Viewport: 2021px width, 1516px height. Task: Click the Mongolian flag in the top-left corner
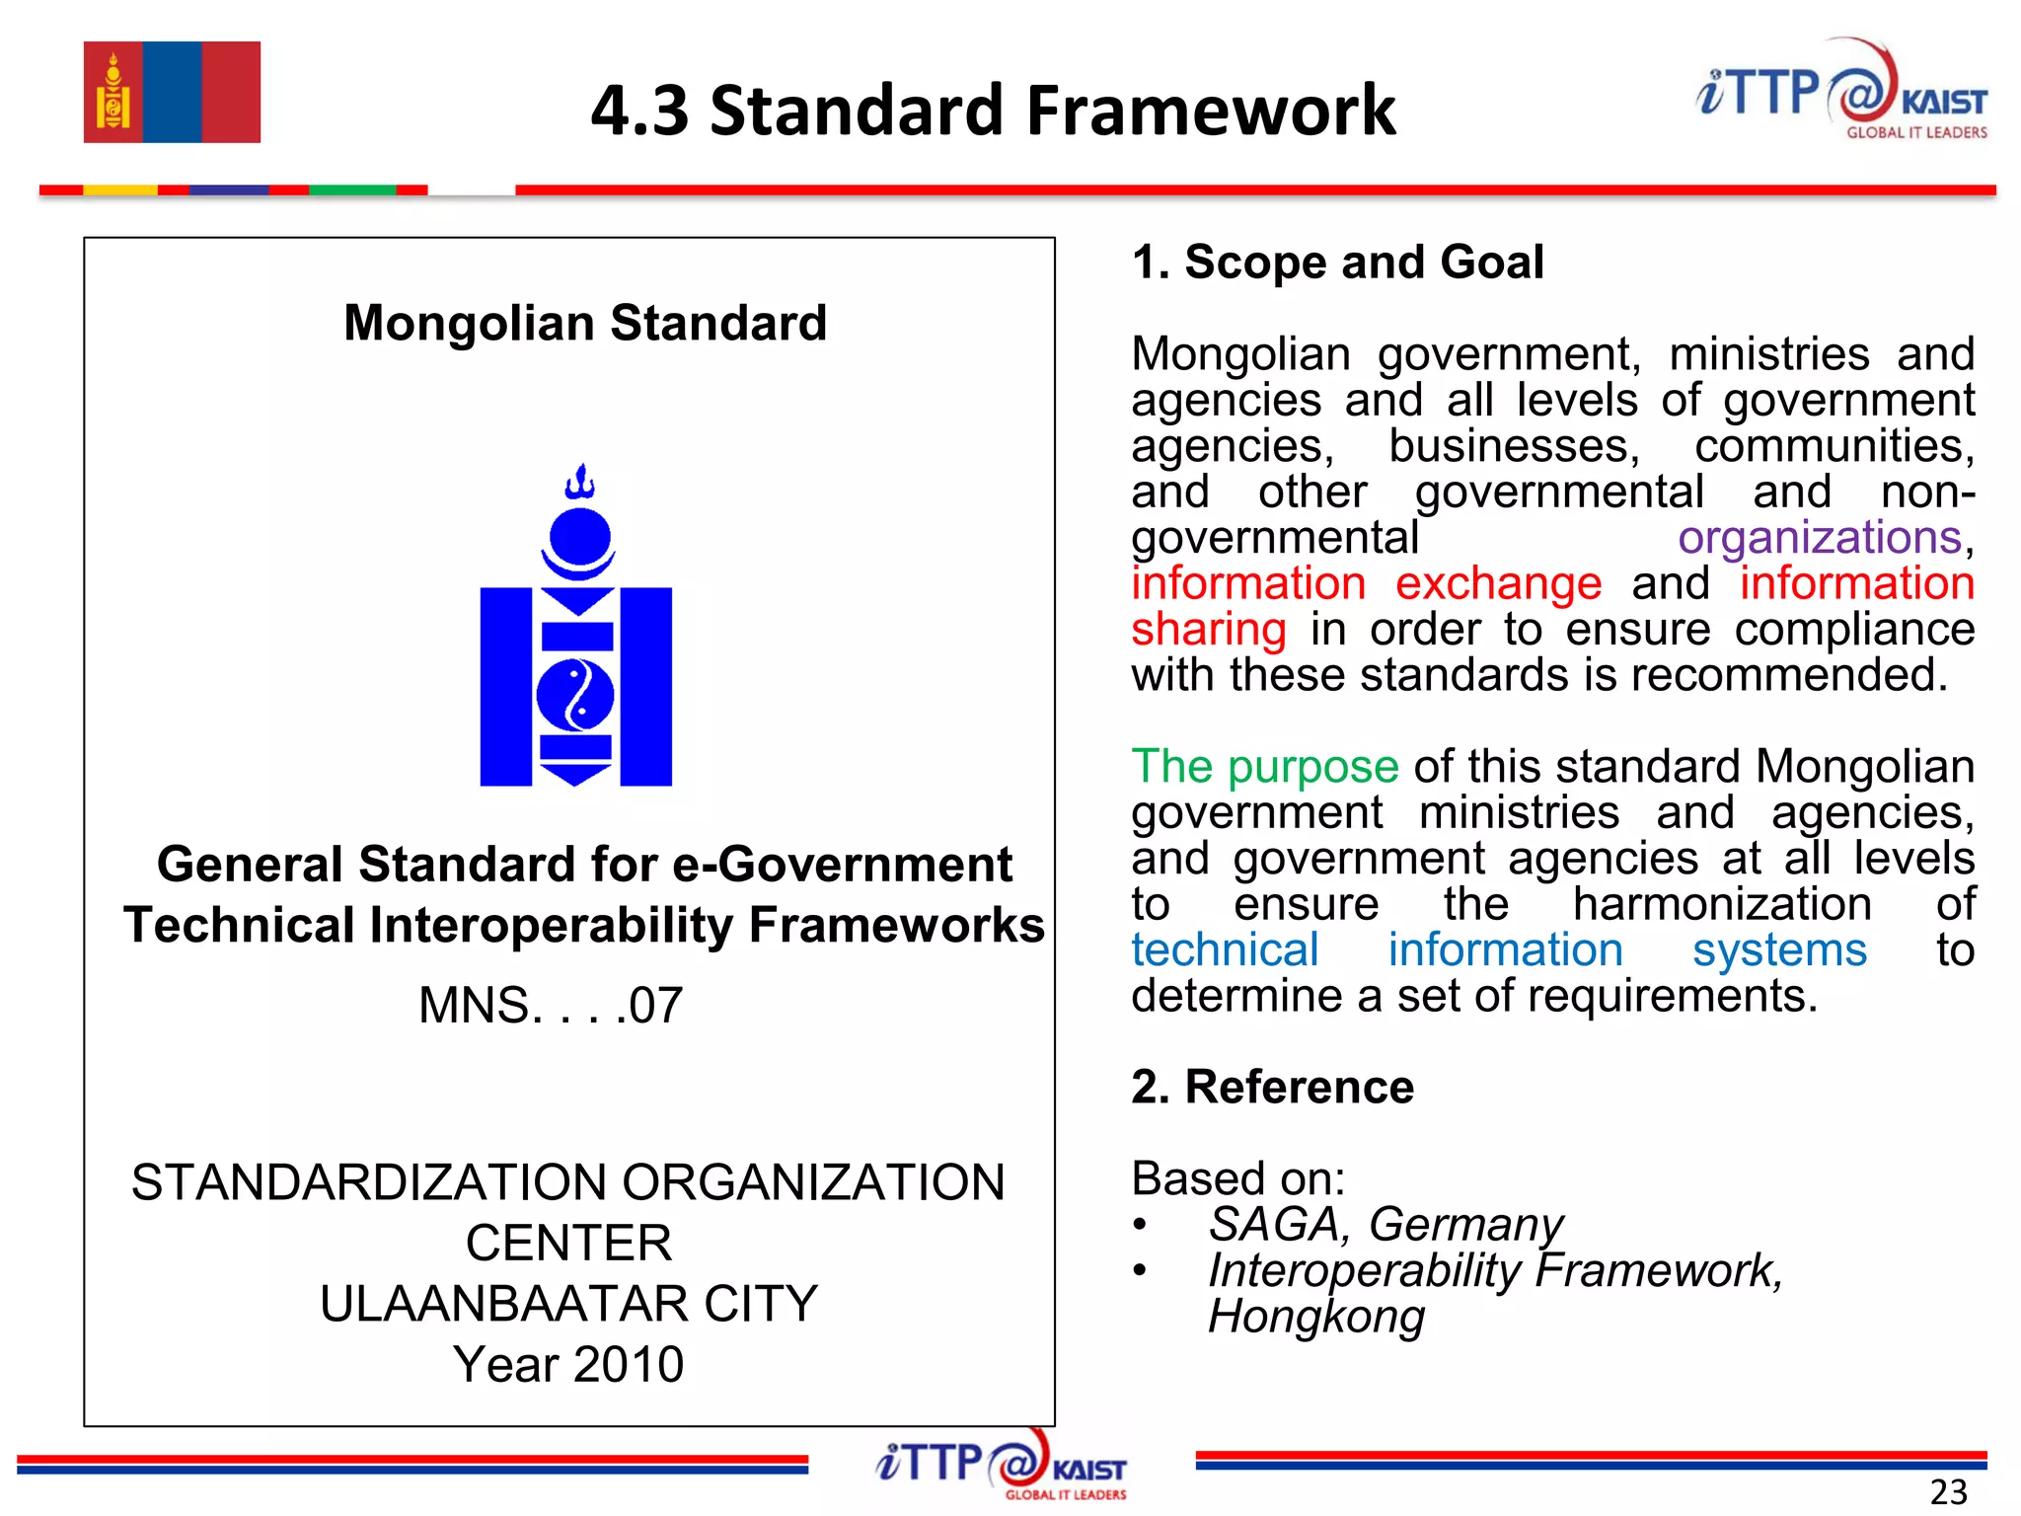coord(172,92)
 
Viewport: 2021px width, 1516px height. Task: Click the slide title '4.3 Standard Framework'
coord(993,110)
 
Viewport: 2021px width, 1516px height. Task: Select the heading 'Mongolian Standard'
coord(585,323)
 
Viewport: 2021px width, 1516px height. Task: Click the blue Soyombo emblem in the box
coord(576,632)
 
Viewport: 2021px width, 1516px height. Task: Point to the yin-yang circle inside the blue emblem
coord(575,695)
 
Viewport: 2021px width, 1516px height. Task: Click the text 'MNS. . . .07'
coord(551,1005)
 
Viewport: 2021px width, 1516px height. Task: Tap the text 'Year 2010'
coord(568,1364)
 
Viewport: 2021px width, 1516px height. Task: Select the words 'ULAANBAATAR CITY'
coord(568,1303)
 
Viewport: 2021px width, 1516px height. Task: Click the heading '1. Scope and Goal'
coord(1337,262)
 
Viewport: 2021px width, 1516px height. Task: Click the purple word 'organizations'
coord(1820,538)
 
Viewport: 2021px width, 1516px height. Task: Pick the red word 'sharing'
coord(1208,630)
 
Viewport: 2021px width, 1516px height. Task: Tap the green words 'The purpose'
coord(1264,767)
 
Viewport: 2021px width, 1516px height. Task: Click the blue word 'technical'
coord(1225,950)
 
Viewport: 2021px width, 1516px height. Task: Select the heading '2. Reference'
coord(1272,1087)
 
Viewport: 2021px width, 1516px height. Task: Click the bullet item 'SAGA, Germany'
coord(1385,1225)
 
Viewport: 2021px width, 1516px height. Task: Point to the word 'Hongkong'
coord(1316,1317)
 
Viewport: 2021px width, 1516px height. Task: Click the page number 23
coord(1948,1491)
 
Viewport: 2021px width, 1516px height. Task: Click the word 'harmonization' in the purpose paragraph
coord(1722,904)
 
